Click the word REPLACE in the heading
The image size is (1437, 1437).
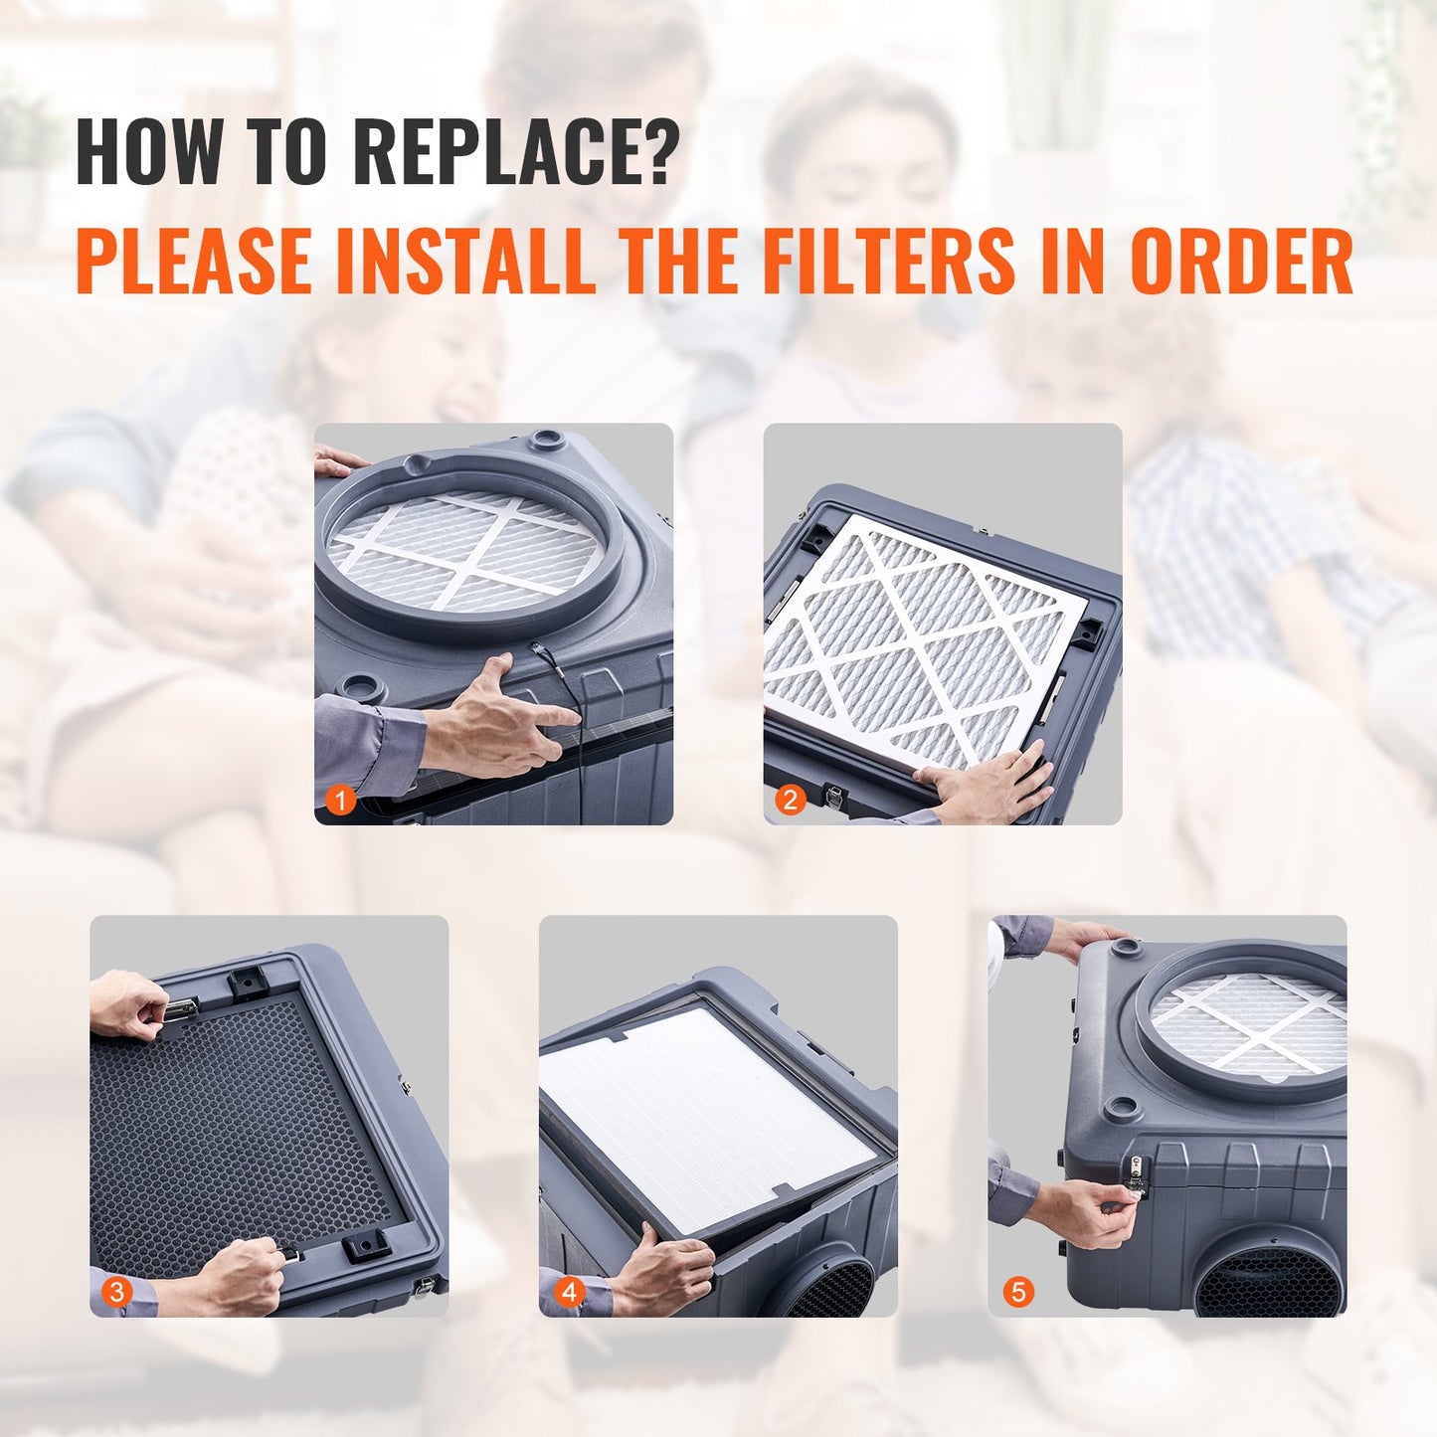click(515, 151)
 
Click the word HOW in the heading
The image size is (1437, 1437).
click(149, 151)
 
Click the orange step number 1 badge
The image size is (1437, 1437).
click(341, 800)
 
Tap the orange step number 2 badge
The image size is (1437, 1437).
click(791, 800)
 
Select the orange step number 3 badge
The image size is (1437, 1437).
click(117, 1292)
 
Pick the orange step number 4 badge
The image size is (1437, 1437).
click(569, 1292)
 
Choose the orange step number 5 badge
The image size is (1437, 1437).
click(1018, 1292)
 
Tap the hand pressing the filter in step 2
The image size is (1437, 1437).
click(989, 786)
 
